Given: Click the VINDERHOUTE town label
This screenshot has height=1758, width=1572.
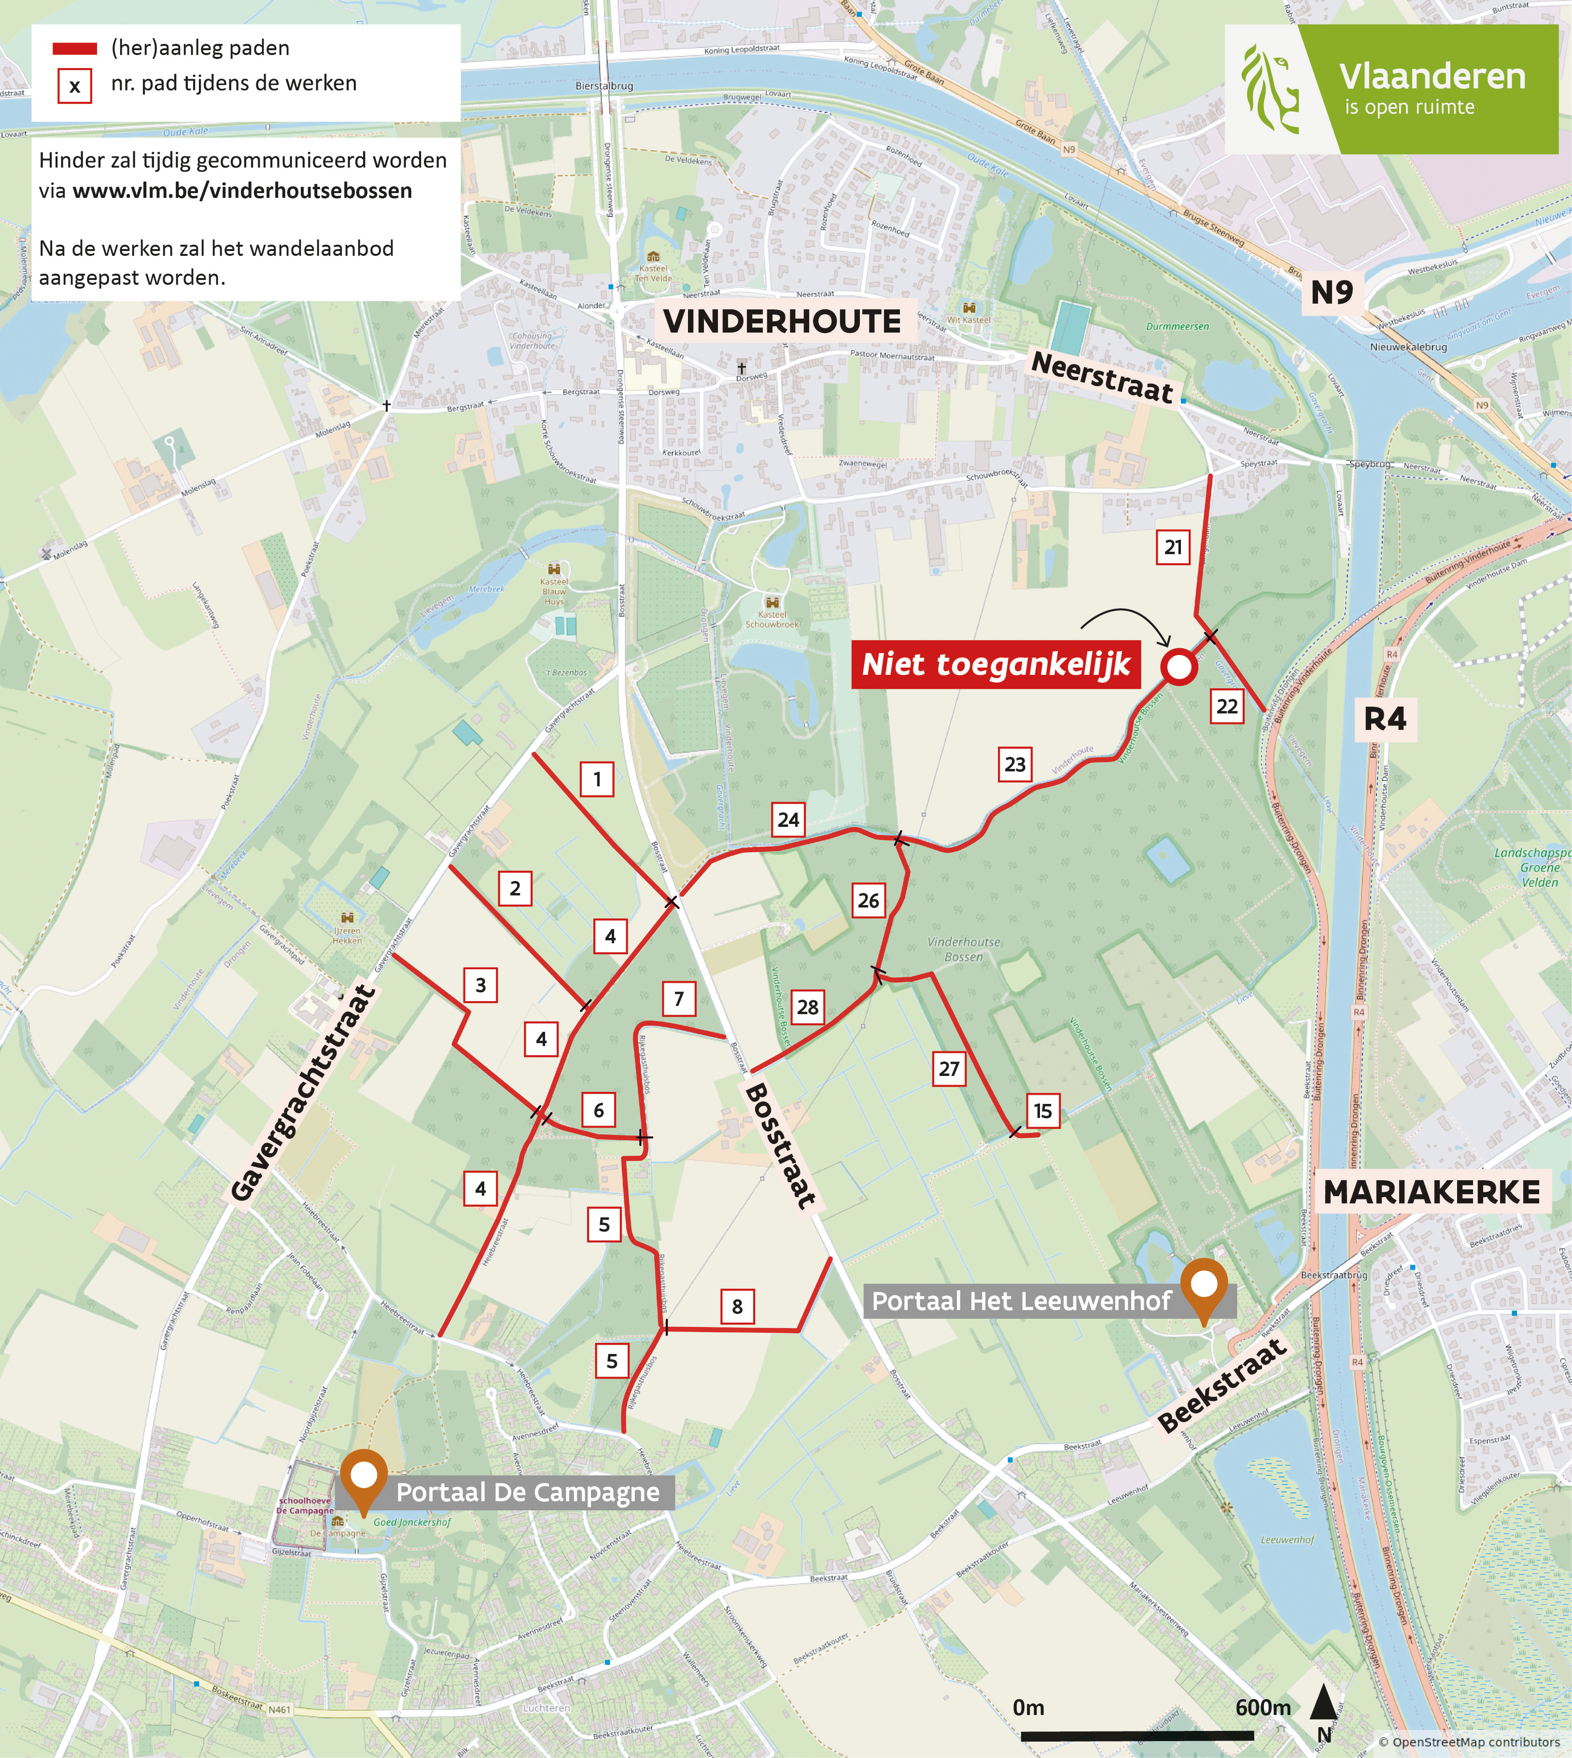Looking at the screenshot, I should [782, 321].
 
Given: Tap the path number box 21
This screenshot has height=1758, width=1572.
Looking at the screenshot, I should [1173, 546].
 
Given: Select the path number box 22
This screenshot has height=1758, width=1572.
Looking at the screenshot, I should [1226, 706].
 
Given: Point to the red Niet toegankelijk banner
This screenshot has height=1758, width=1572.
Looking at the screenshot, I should [996, 664].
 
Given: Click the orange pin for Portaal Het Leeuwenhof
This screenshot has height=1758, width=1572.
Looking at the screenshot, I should [1204, 1286].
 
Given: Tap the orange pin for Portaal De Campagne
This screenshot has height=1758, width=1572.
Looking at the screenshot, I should [364, 1478].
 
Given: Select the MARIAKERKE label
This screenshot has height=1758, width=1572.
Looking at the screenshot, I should [1431, 1192].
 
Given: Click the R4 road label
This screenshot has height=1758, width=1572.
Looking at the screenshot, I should [1385, 718].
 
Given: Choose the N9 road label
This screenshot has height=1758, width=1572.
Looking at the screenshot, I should [1331, 293].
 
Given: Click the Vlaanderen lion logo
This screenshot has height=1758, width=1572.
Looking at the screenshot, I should [1270, 90].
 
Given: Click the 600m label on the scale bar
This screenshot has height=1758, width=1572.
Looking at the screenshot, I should [1263, 1707].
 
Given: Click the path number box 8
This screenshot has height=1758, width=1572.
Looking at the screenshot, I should [737, 1306].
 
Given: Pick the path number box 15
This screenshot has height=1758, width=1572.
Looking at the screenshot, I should [1042, 1110].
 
